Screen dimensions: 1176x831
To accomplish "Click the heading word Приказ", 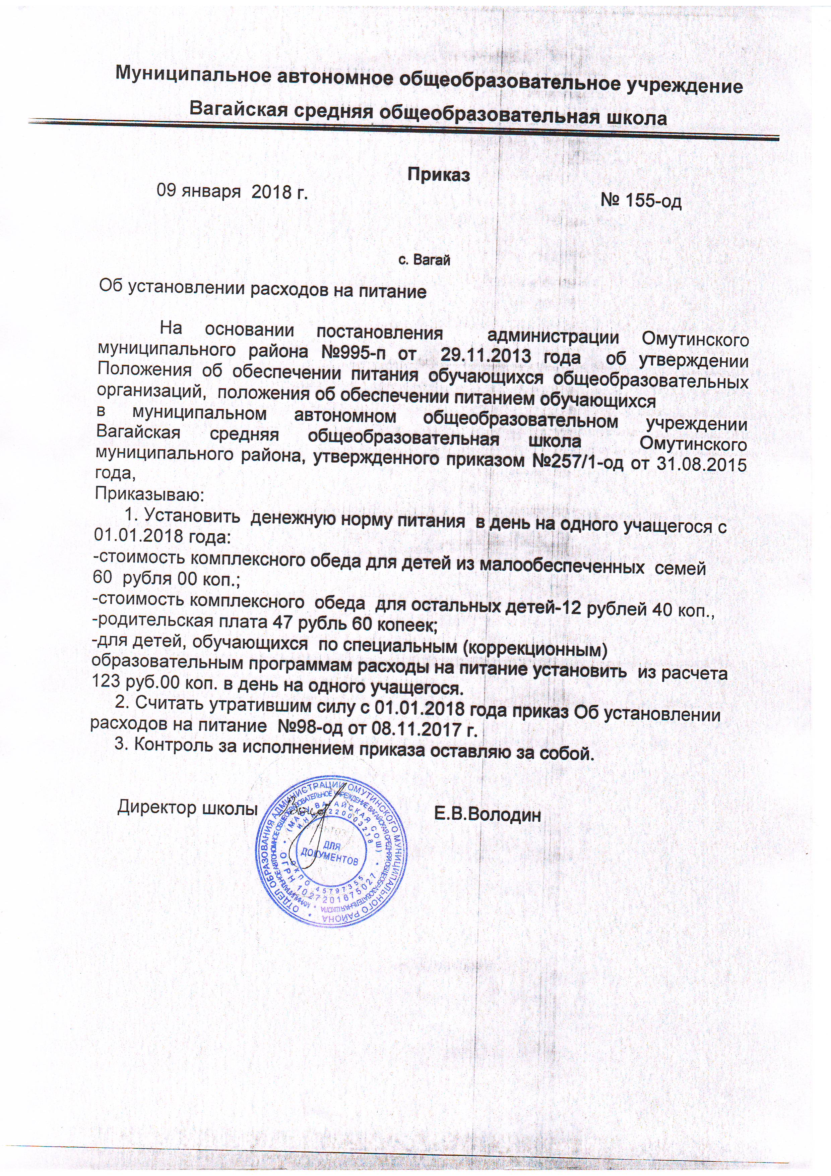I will pyautogui.click(x=439, y=175).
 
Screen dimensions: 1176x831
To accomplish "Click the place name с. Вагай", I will pyautogui.click(x=424, y=260).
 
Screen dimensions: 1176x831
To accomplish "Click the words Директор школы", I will pyautogui.click(x=187, y=808).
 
